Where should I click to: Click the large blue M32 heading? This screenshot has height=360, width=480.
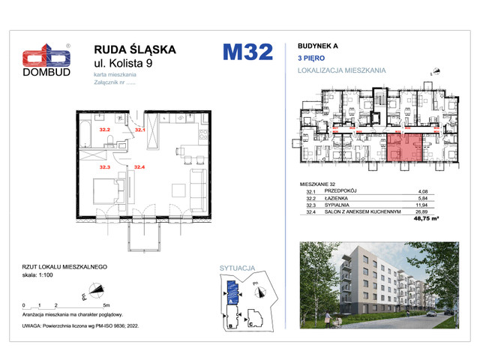(247, 52)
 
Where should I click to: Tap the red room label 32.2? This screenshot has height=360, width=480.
(106, 130)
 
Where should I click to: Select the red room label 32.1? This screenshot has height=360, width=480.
(139, 130)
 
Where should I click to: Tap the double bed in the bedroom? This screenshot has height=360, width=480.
(103, 190)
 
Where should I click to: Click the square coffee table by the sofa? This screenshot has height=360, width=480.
(179, 192)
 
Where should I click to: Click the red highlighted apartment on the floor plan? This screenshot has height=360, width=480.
(403, 147)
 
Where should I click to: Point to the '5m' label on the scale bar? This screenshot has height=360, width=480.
(107, 306)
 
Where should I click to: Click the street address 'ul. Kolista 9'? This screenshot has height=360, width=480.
(132, 66)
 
